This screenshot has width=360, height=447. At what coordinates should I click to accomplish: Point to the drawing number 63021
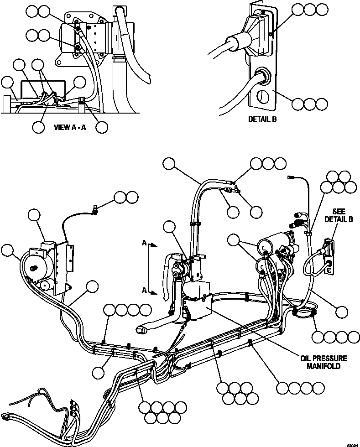click(351, 444)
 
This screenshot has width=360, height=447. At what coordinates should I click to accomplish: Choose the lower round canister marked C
click(262, 265)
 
